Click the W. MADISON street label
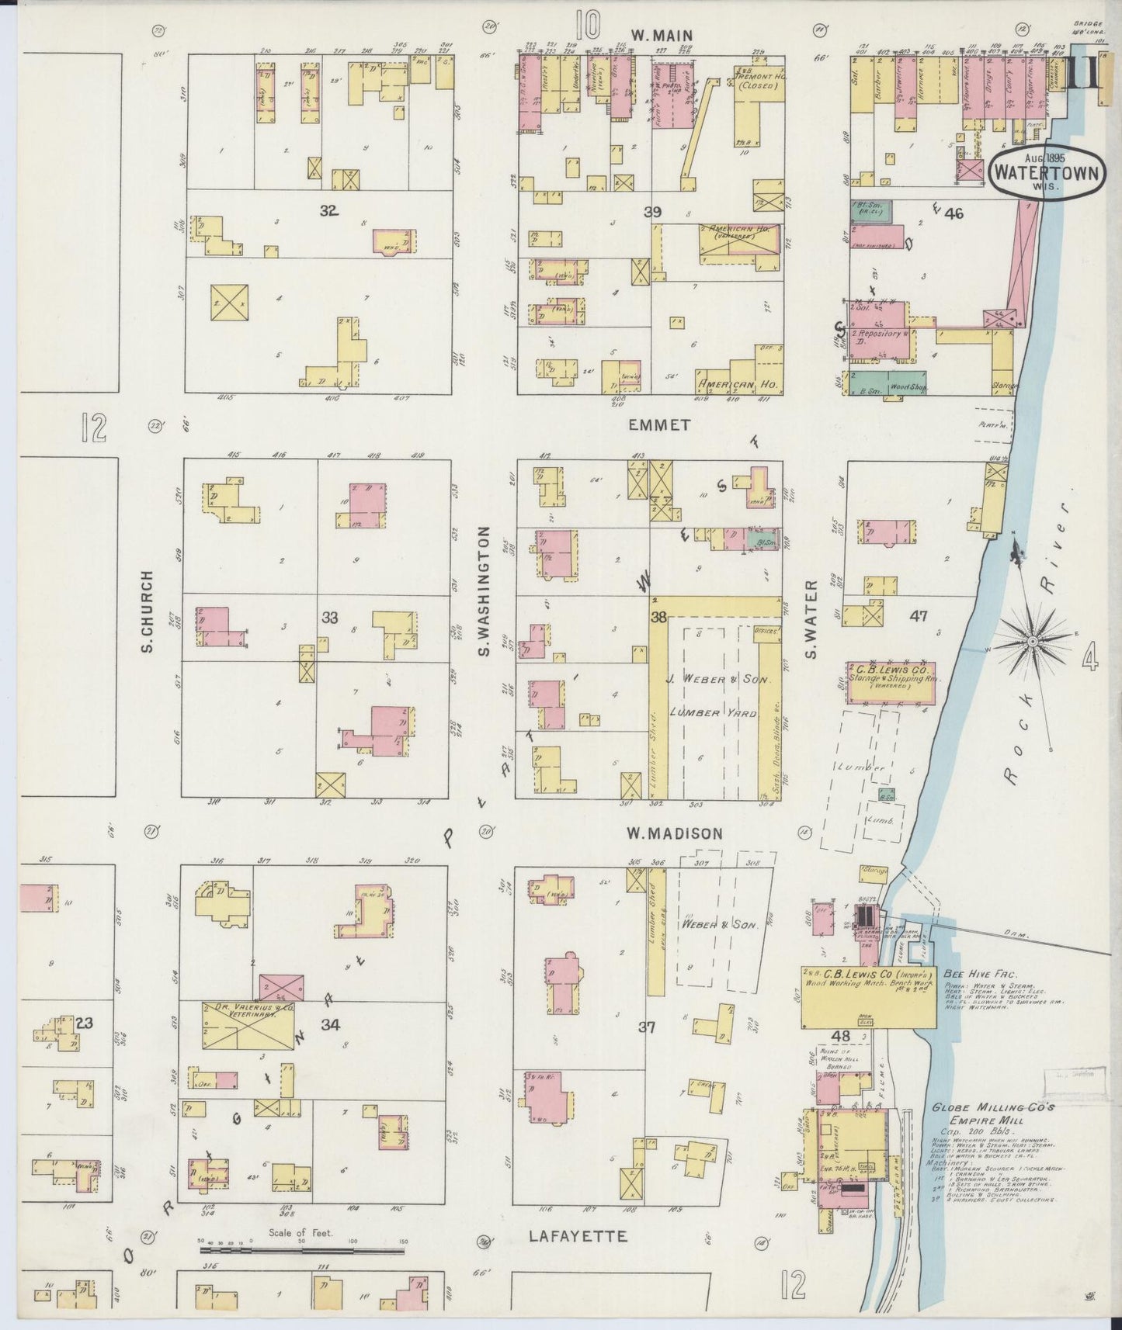click(x=675, y=833)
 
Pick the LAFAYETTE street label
click(x=578, y=1236)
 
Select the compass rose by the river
click(x=1033, y=641)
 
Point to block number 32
click(x=328, y=210)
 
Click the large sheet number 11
click(x=1081, y=75)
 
